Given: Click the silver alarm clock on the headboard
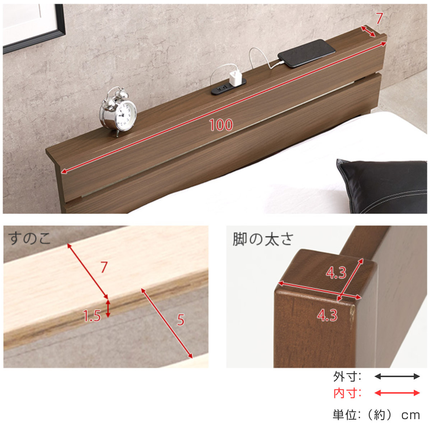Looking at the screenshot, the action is click(118, 111).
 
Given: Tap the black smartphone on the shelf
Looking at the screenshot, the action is click(307, 54).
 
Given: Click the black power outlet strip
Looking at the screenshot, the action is click(228, 87).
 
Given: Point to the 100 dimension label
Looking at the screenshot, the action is click(221, 125).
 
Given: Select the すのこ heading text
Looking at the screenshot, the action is click(29, 238).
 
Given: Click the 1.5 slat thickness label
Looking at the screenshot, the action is click(92, 316).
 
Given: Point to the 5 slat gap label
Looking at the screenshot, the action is click(181, 320).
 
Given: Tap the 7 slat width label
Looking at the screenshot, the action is click(104, 267).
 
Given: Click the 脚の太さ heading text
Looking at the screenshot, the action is click(263, 239).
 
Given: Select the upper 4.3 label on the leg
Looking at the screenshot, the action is click(336, 273).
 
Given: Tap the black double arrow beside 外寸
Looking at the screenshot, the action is click(397, 376).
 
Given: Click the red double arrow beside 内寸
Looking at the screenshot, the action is click(397, 393).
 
